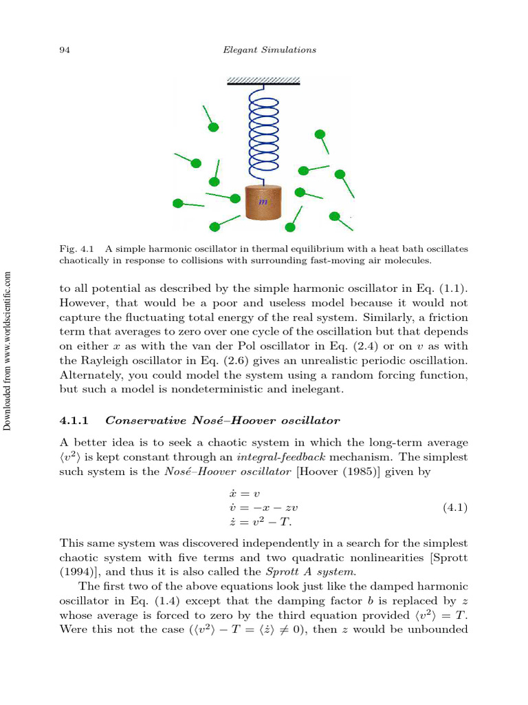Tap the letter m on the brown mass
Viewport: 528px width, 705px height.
point(263,202)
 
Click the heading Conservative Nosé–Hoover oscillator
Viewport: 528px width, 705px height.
point(223,420)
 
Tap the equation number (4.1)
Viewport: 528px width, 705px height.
point(454,508)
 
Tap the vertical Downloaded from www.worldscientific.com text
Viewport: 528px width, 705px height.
point(8,351)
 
